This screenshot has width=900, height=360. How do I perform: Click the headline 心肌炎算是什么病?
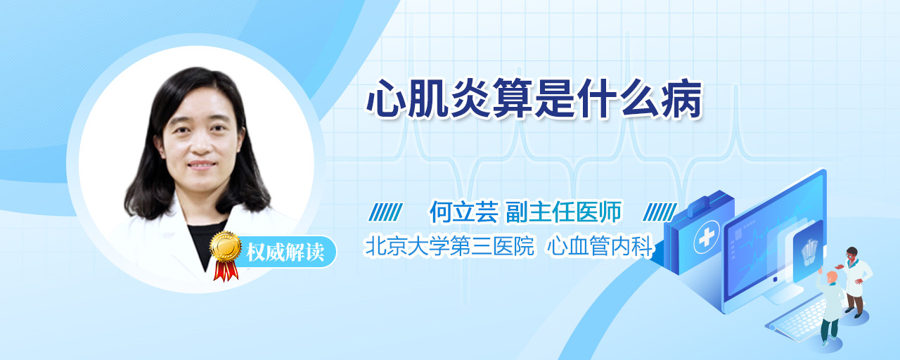[534, 99]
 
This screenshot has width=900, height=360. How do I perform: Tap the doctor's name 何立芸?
[464, 212]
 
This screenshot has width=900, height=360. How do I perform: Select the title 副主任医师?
[564, 212]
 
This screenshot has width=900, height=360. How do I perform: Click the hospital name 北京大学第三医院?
[450, 246]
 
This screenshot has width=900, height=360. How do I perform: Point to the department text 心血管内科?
[600, 246]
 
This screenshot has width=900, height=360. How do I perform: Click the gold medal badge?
[226, 246]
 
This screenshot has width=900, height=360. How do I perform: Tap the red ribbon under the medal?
[226, 271]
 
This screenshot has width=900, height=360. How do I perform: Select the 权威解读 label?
[285, 252]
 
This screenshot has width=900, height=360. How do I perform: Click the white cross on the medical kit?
[707, 237]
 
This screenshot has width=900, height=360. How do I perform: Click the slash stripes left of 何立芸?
[386, 212]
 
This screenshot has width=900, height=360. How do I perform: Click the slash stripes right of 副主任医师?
[660, 212]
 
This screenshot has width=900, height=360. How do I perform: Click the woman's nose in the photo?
[200, 145]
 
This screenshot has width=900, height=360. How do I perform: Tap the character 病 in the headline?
[681, 99]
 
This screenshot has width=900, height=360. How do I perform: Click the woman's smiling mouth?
[202, 165]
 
